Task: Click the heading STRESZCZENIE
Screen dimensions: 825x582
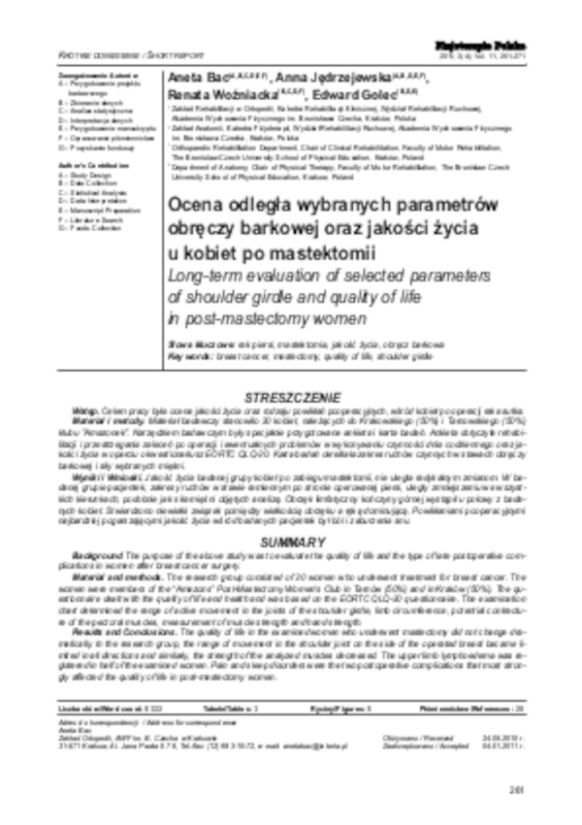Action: (292, 399)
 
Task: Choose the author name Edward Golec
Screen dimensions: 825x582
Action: (348, 95)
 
